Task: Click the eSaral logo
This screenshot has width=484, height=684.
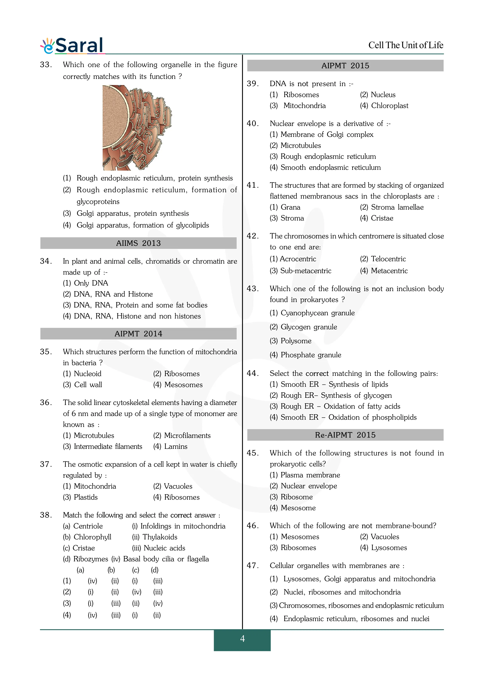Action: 72,46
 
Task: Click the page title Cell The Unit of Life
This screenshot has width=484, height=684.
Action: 406,45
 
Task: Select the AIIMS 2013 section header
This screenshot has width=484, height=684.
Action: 138,243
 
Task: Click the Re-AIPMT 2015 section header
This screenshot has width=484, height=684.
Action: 345,435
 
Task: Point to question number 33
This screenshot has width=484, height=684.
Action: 46,65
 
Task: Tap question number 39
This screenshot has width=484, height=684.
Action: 252,84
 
